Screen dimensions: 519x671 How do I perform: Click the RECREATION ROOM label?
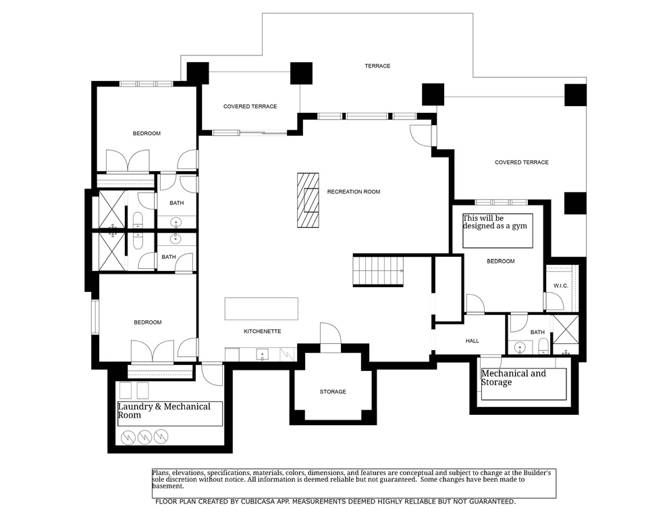click(x=353, y=192)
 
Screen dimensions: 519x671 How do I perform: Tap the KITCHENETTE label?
click(x=262, y=331)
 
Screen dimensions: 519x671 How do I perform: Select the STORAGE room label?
click(x=333, y=392)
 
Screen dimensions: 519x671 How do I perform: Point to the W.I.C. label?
click(x=561, y=286)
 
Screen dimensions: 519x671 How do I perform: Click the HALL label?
click(x=472, y=341)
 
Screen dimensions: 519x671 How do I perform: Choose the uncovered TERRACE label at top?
click(x=377, y=66)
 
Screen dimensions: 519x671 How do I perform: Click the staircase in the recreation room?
click(x=378, y=271)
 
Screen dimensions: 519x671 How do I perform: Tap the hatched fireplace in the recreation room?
click(x=307, y=201)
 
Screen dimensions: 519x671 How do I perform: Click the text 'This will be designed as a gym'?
click(x=496, y=222)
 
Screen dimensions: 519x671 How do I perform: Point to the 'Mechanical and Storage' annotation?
click(x=514, y=378)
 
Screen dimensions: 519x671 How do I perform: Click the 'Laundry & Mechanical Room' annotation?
click(x=164, y=411)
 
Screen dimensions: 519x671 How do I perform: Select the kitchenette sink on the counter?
click(x=261, y=355)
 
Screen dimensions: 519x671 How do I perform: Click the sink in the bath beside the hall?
click(x=520, y=348)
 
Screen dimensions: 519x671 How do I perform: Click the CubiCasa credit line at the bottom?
click(x=335, y=501)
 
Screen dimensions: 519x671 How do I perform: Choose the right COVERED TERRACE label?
click(x=521, y=162)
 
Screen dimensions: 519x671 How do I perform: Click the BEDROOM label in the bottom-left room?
click(x=147, y=322)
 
